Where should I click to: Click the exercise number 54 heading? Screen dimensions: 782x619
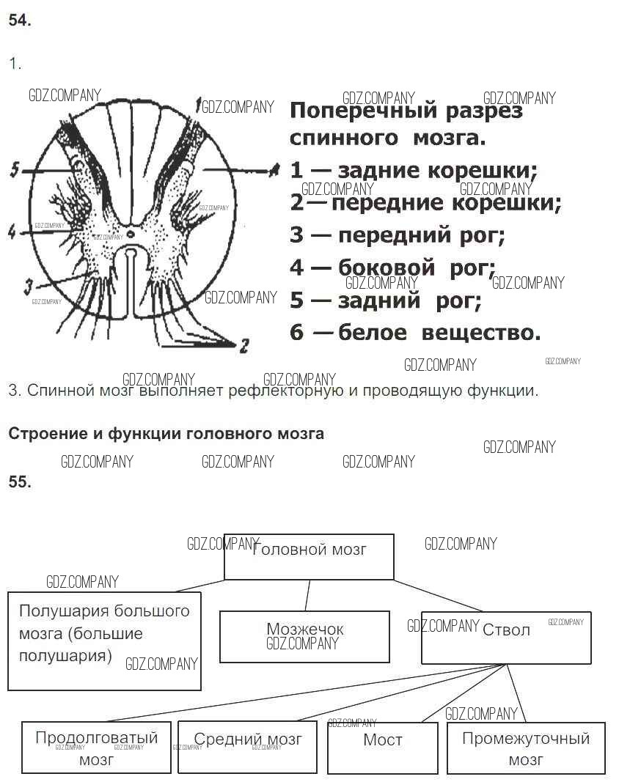[x=20, y=21]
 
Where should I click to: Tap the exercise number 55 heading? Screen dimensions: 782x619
[x=20, y=482]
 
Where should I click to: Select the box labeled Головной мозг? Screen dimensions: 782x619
[x=309, y=556]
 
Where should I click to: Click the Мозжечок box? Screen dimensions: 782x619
[x=304, y=636]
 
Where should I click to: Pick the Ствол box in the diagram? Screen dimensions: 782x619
[x=506, y=638]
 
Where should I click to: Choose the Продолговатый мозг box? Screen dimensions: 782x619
[x=96, y=747]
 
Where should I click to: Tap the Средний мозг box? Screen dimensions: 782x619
[x=248, y=747]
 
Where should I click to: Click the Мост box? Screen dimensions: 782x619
[x=382, y=747]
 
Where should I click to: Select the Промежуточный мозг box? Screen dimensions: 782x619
[x=526, y=747]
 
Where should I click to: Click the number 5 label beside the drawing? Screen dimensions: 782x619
[x=15, y=169]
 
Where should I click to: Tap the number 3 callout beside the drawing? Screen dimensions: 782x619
[x=27, y=284]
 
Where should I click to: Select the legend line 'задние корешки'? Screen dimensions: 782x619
[x=414, y=171]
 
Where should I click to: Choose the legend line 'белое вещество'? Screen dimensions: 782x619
[x=415, y=333]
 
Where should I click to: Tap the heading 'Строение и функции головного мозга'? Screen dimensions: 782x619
[x=166, y=433]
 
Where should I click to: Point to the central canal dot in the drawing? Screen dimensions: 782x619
[x=130, y=233]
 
